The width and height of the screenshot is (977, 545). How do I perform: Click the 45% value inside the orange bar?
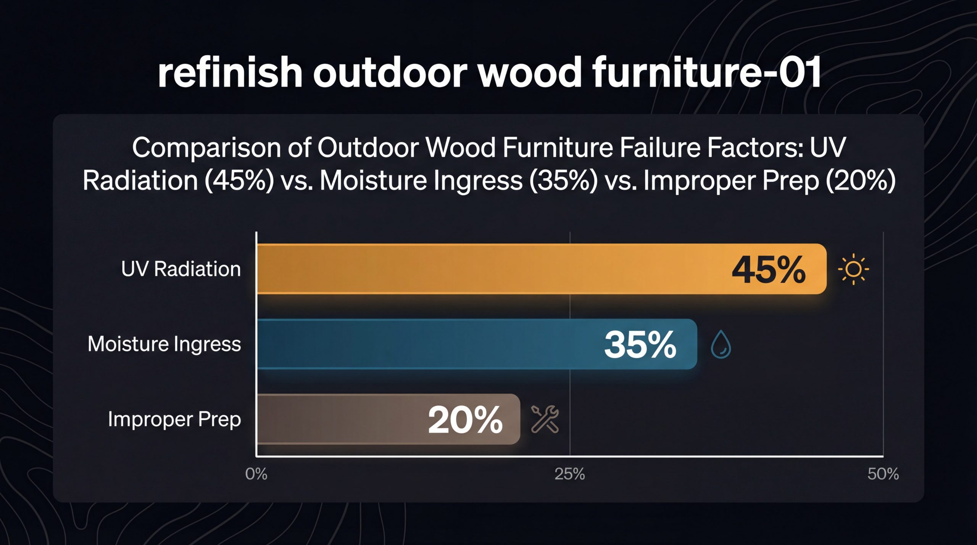click(768, 270)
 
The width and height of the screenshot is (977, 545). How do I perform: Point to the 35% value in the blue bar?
click(640, 345)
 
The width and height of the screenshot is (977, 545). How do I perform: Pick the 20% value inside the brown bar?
click(465, 420)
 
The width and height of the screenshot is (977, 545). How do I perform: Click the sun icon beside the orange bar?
click(853, 269)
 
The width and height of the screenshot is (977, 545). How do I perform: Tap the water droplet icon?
click(721, 344)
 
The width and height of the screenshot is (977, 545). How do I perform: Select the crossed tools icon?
click(545, 420)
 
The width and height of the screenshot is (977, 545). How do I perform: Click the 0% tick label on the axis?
click(256, 474)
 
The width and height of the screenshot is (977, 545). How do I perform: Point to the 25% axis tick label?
click(569, 474)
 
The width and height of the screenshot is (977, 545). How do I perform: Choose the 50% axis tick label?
click(883, 474)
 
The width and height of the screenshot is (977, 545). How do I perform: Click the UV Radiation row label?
click(181, 269)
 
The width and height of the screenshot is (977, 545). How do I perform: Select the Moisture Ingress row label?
click(164, 344)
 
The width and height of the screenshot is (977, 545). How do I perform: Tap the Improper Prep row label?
click(174, 419)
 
